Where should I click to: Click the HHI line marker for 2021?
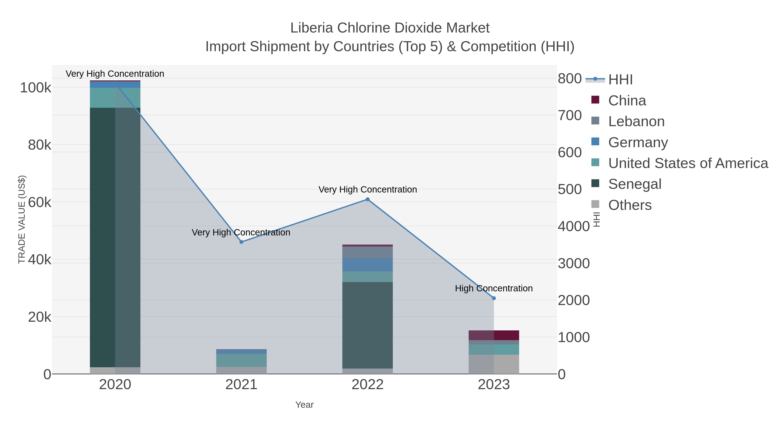241,242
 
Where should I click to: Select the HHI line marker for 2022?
368,199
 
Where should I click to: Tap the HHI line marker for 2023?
494,298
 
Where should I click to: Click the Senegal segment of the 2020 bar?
115,236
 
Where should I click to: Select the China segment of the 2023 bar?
494,335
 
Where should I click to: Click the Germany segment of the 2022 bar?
368,264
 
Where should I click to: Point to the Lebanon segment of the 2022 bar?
368,252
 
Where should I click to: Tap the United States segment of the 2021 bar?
241,360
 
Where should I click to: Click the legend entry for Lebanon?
636,121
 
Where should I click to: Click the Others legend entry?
629,205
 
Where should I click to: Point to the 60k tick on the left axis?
39,202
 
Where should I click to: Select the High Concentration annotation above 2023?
494,288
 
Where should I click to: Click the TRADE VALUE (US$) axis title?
22,219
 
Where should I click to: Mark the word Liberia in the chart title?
312,28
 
